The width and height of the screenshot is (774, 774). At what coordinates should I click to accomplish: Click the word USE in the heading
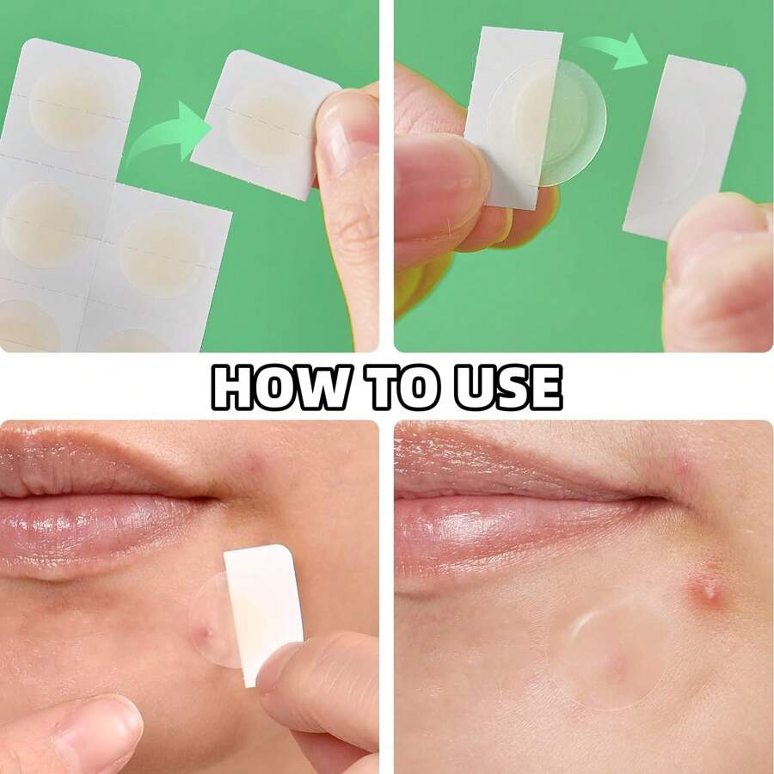pyautogui.click(x=508, y=388)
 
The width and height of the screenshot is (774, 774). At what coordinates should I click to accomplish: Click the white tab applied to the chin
pyautogui.click(x=262, y=611)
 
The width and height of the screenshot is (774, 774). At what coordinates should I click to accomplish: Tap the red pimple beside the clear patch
pyautogui.click(x=707, y=588)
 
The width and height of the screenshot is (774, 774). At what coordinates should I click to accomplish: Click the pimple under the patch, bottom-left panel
pyautogui.click(x=205, y=635)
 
